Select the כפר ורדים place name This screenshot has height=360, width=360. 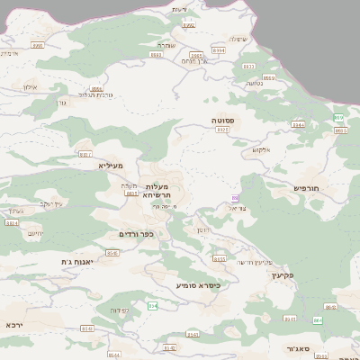tap(137, 234)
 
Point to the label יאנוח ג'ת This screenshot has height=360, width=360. tap(53, 261)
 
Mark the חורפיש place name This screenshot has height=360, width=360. tap(307, 187)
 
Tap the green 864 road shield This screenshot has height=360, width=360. tap(318, 319)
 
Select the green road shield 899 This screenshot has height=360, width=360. tap(338, 118)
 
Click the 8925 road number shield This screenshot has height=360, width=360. tap(222, 130)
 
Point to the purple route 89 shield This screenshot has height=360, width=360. tap(236, 198)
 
